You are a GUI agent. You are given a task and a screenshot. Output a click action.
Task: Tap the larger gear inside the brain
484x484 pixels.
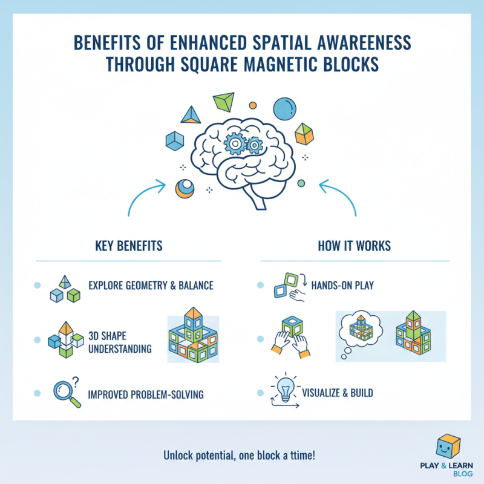click(235, 143)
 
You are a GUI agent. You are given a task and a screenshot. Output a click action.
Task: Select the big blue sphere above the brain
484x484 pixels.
click(284, 109)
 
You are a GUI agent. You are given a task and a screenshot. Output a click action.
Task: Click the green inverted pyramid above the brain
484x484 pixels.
click(224, 102)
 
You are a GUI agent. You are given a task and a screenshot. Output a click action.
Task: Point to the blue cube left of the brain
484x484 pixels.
click(175, 141)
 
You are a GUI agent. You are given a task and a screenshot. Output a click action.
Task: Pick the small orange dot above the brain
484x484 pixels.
click(253, 105)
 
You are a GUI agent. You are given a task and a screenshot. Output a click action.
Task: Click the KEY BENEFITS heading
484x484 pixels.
click(129, 246)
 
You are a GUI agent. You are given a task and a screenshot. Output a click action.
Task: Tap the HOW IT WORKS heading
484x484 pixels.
click(355, 246)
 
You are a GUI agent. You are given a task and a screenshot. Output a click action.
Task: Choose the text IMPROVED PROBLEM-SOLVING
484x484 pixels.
click(146, 394)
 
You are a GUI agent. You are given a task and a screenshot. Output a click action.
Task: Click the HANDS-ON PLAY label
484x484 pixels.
click(342, 285)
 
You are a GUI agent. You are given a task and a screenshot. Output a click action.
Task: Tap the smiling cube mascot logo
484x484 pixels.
click(448, 446)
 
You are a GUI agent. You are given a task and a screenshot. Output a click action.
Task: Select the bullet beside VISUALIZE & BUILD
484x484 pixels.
click(261, 393)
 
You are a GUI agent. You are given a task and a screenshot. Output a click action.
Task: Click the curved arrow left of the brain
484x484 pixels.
click(141, 191)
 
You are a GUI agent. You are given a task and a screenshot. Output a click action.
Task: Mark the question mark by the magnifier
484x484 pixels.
click(75, 382)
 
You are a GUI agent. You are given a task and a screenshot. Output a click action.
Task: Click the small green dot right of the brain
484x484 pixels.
click(301, 183)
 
